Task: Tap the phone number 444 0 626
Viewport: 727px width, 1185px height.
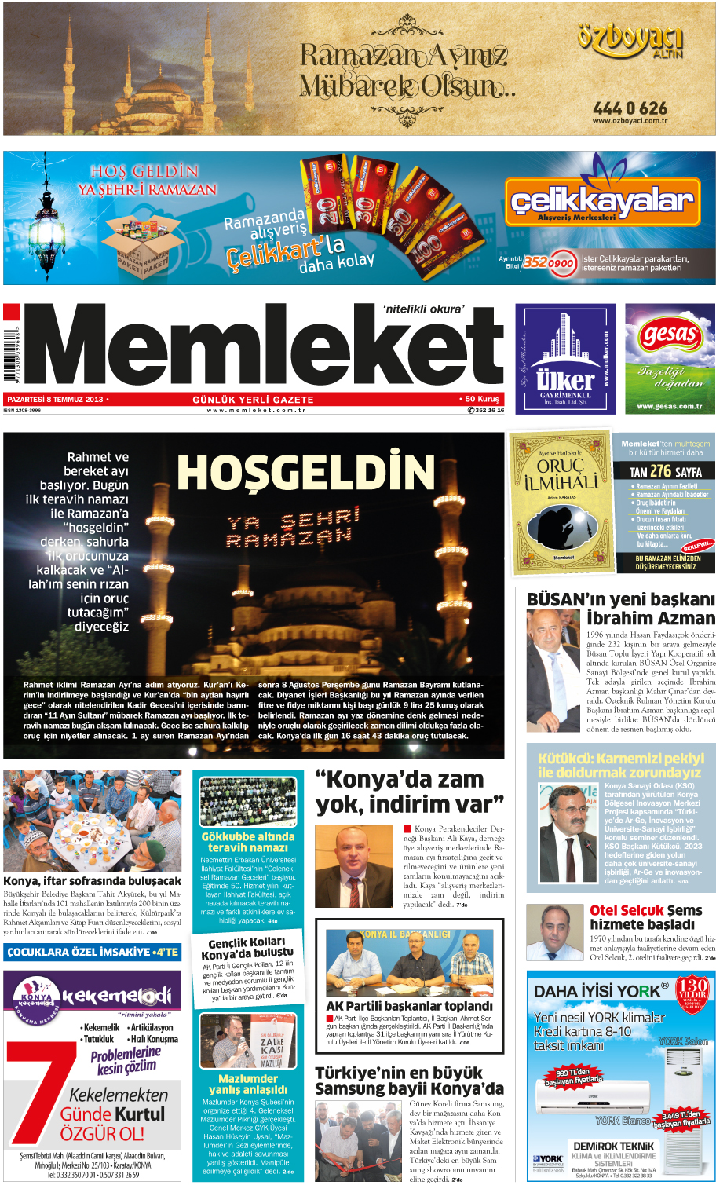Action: tap(630, 108)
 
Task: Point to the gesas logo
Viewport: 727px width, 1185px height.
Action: tap(670, 335)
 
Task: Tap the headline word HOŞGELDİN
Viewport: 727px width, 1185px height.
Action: tap(305, 473)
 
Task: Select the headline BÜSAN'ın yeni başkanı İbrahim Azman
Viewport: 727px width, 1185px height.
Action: tap(620, 609)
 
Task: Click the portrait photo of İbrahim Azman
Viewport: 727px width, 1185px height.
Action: tap(553, 671)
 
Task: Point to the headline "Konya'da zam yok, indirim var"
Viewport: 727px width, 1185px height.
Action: tap(409, 792)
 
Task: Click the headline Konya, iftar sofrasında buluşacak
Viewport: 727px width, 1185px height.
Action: tap(92, 881)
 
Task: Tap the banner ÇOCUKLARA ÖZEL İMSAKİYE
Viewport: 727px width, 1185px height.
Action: tap(92, 952)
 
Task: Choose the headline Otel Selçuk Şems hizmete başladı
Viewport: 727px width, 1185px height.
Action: tap(645, 916)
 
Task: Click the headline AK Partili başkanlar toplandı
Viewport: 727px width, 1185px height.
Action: tap(409, 1006)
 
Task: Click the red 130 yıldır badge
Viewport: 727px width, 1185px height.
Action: tap(692, 992)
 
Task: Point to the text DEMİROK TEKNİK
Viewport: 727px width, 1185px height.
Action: tap(613, 1146)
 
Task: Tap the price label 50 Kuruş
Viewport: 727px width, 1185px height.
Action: tap(481, 399)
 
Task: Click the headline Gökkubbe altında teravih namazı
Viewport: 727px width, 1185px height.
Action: tap(248, 842)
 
